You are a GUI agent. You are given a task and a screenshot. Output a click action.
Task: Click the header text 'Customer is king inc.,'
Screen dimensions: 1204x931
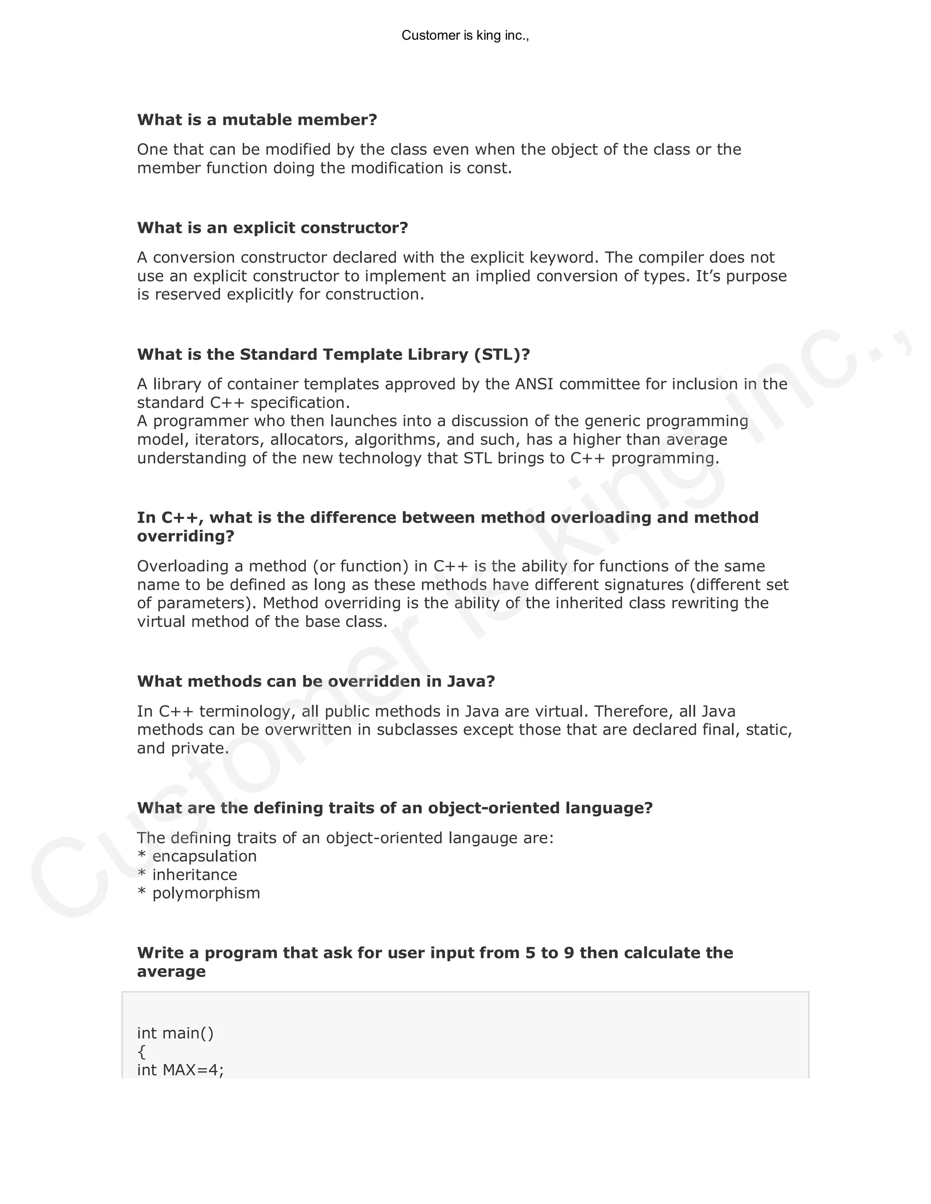(x=465, y=35)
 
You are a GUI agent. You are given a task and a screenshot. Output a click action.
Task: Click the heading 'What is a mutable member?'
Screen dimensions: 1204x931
(x=257, y=119)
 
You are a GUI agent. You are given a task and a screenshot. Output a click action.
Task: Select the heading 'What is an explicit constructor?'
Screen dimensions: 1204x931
(x=272, y=228)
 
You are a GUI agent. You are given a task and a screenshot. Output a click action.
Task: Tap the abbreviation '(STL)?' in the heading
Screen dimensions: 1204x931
(x=501, y=354)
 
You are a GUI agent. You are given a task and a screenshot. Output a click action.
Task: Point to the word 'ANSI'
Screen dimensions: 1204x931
(x=533, y=384)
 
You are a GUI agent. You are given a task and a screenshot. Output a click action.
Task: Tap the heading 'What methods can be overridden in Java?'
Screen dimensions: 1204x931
(x=316, y=682)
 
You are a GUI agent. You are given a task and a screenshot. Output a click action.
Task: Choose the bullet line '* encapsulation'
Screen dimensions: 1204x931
(x=197, y=856)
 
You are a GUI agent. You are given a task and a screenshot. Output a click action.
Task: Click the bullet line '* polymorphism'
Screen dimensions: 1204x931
(x=199, y=893)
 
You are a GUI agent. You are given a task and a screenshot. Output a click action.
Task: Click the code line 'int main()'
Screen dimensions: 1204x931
(x=175, y=1033)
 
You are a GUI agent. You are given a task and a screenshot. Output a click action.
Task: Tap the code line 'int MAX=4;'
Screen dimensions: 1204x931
(x=180, y=1070)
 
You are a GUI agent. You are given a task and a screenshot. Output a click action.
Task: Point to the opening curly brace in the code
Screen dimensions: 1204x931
(x=141, y=1051)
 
